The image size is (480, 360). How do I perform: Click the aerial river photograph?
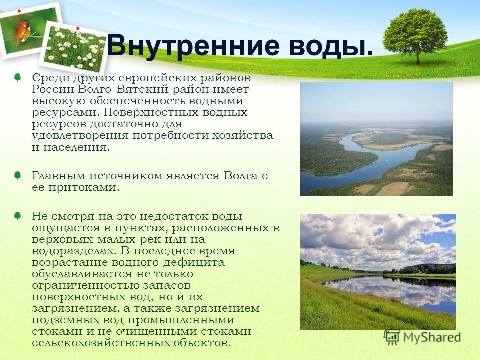376,138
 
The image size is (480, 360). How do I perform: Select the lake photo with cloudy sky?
377,272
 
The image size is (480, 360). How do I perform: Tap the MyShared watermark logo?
422,337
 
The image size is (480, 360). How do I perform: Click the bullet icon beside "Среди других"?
17,78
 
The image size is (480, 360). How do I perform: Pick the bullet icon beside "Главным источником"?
17,175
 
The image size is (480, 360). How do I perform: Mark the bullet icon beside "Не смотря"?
17,216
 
